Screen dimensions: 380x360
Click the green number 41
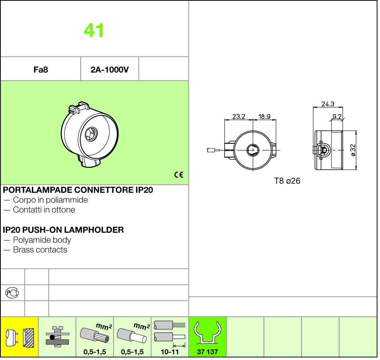[94, 30]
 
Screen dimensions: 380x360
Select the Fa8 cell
[40, 70]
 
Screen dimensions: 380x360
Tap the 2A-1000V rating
[109, 70]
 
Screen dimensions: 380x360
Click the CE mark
[178, 175]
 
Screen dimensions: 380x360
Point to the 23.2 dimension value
[239, 117]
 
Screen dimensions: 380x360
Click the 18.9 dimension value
[264, 117]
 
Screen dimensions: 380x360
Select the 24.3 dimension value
[328, 104]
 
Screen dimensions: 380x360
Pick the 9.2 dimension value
[337, 117]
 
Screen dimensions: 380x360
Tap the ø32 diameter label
[353, 150]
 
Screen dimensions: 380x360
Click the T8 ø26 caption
[287, 181]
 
